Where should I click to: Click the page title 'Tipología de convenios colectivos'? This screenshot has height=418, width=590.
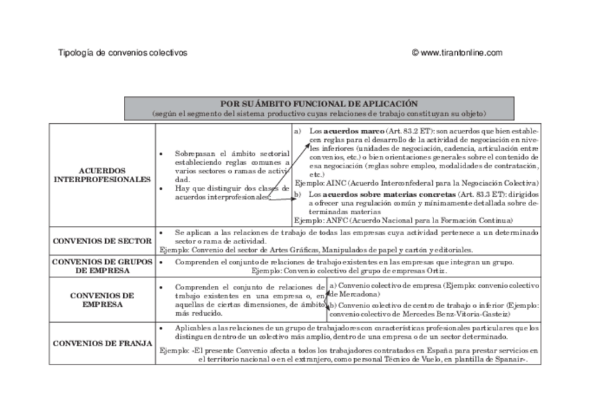(x=122, y=53)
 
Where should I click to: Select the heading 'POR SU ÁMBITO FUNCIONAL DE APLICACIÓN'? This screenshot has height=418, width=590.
(x=319, y=103)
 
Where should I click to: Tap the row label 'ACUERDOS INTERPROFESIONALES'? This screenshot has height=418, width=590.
(x=102, y=175)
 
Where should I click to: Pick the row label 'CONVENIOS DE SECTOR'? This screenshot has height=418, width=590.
(x=102, y=241)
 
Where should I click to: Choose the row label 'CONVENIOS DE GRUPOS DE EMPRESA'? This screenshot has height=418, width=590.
(x=102, y=266)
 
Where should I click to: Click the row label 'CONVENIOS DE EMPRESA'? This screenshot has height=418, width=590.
(x=102, y=299)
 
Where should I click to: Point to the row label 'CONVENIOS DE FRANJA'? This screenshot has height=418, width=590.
(x=102, y=343)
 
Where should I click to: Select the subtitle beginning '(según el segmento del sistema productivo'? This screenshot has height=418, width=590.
(x=319, y=113)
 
